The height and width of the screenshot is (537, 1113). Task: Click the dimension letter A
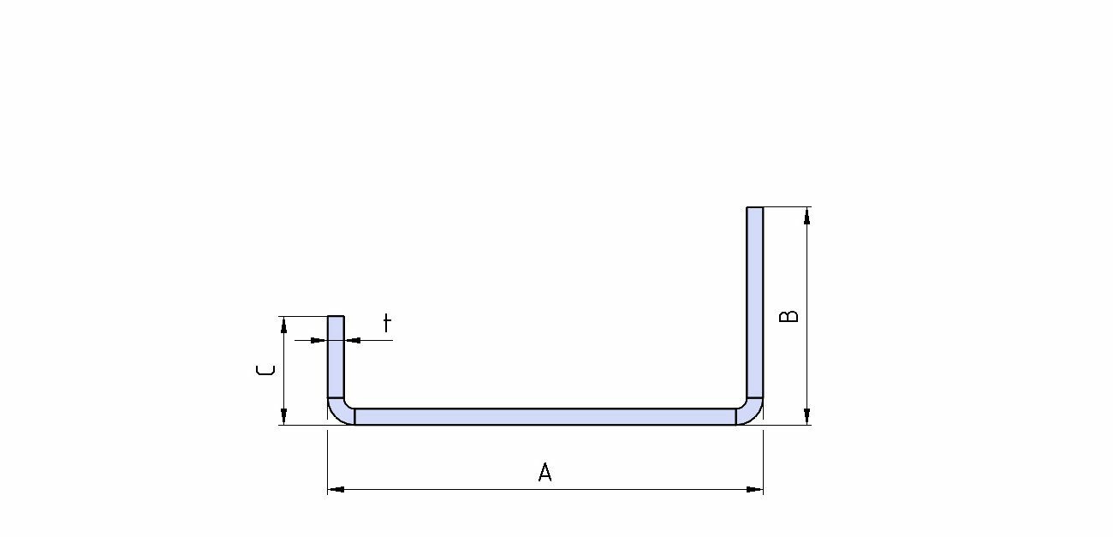click(545, 472)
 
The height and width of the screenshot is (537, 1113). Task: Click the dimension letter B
click(789, 316)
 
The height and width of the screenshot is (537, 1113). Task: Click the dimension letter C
click(265, 370)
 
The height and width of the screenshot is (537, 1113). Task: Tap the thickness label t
click(387, 323)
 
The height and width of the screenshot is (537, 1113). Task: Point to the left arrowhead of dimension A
click(336, 489)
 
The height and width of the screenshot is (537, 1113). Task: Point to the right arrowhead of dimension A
click(754, 489)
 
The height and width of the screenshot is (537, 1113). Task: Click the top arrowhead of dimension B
click(806, 216)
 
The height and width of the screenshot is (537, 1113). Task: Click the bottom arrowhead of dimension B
click(806, 416)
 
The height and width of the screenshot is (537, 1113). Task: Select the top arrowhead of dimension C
click(283, 325)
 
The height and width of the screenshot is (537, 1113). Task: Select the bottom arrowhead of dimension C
click(283, 416)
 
